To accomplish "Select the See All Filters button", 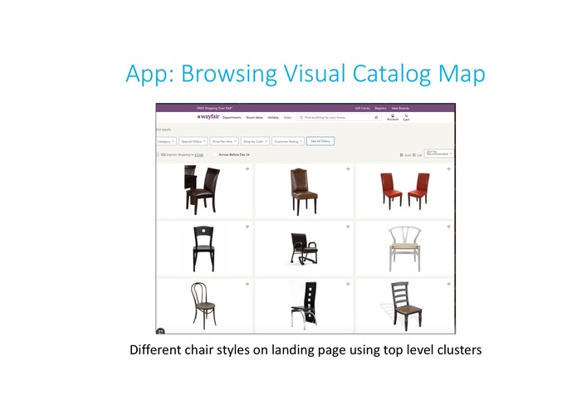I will pos(320,141).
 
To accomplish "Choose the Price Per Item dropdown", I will pos(224,141).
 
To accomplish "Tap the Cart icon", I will pos(407,118).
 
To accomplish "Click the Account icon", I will pos(393,118).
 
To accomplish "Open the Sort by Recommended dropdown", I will pos(438,154).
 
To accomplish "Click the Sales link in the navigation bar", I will pos(288,118).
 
